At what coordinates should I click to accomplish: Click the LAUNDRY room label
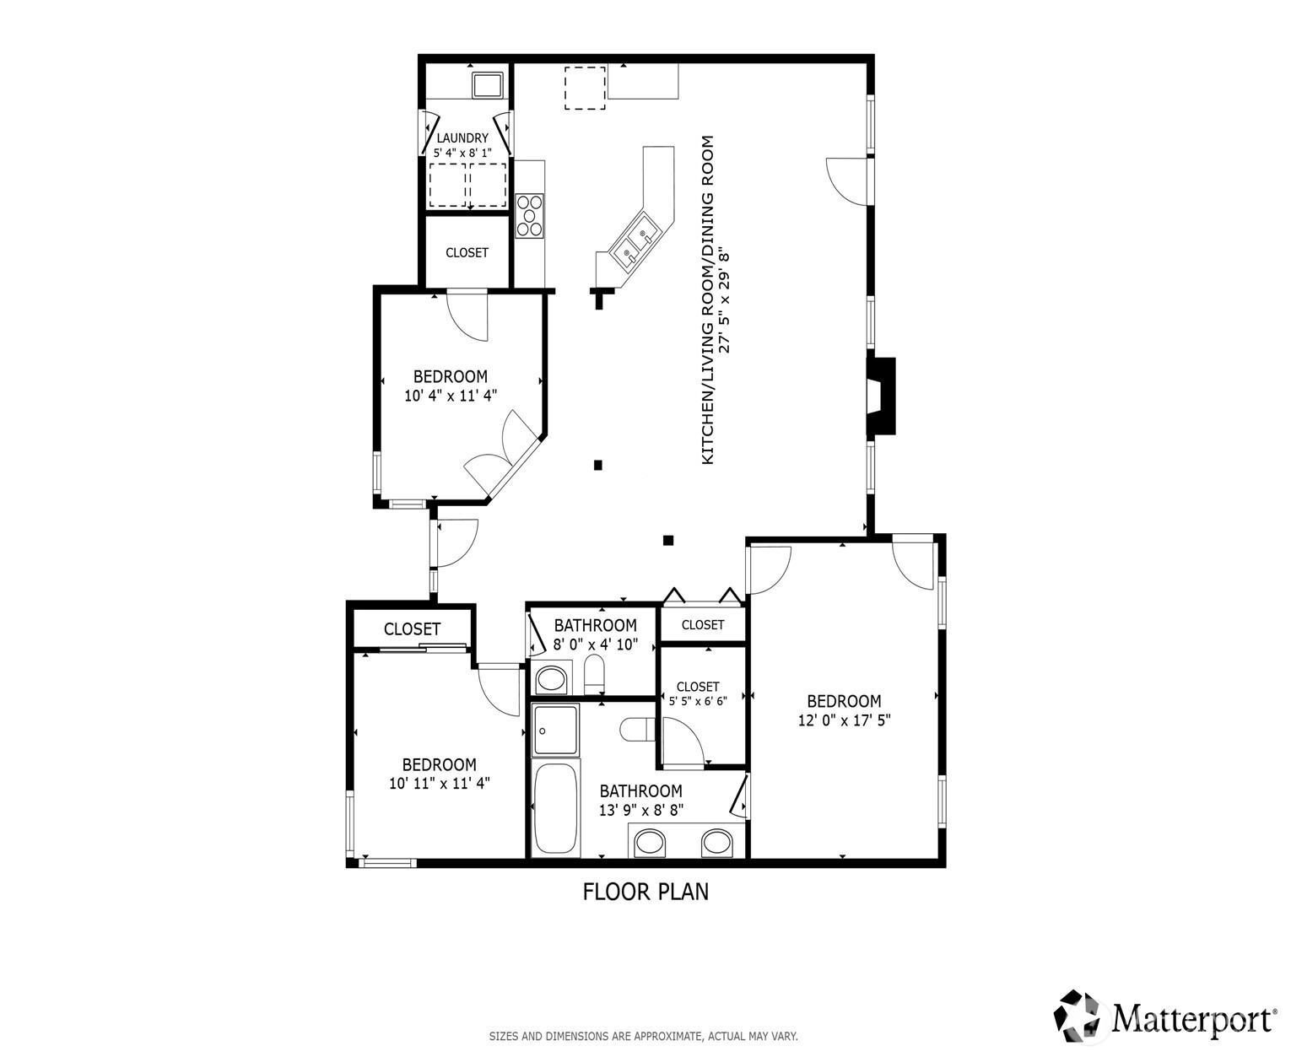click(x=462, y=138)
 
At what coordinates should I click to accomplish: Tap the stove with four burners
click(x=530, y=215)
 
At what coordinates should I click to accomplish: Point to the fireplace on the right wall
click(x=881, y=396)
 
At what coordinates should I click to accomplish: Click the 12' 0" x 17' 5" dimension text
click(x=844, y=720)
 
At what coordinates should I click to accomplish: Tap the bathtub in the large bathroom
click(x=555, y=810)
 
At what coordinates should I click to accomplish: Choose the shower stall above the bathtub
click(x=555, y=731)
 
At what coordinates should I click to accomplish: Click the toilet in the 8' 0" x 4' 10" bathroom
click(x=594, y=675)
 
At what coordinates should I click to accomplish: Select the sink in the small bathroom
click(x=551, y=679)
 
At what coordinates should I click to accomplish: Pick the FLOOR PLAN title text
click(x=645, y=893)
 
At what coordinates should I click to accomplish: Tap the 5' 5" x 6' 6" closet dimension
click(x=698, y=701)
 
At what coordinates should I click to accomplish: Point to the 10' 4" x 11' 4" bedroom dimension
click(x=450, y=396)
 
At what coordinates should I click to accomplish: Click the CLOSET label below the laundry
click(x=467, y=253)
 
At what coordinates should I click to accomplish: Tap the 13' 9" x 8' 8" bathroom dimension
click(x=641, y=811)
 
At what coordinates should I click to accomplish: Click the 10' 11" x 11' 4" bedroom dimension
click(x=440, y=784)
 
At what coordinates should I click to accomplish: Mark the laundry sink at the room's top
click(x=488, y=84)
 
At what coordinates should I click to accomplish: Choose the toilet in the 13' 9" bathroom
click(x=636, y=731)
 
